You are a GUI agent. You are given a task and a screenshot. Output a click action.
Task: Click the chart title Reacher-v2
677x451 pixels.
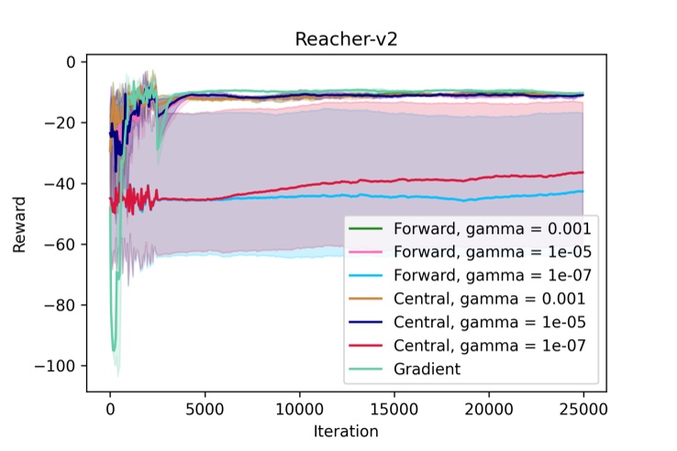click(x=338, y=39)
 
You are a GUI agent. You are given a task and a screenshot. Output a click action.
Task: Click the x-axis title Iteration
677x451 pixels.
click(x=347, y=430)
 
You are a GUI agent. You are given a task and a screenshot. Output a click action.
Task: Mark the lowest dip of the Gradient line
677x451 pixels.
click(x=115, y=350)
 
